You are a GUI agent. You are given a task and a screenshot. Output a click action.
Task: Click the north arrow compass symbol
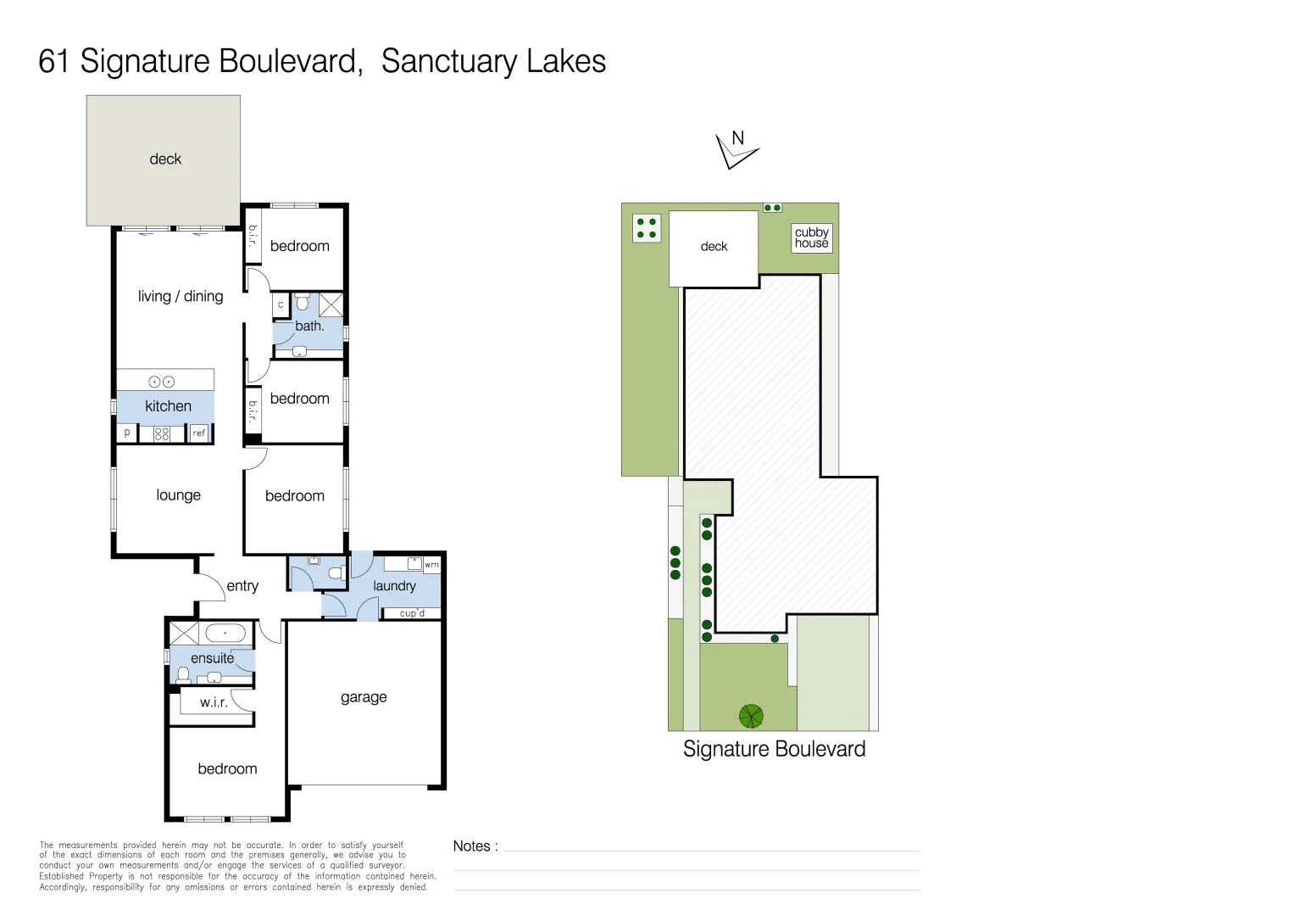pos(736,149)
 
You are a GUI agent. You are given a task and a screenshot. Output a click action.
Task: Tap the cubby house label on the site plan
pos(811,237)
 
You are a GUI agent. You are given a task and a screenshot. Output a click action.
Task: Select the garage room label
pos(364,697)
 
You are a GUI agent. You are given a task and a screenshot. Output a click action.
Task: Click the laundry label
pos(394,586)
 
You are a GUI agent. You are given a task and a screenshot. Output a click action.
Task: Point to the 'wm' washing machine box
pos(431,564)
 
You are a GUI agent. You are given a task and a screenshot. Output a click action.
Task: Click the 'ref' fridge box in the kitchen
pos(199,433)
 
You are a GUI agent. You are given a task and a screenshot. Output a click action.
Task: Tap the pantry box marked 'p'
pos(127,433)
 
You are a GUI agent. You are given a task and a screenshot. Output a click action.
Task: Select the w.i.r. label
pos(214,702)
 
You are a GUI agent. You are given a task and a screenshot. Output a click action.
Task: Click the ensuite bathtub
pos(225,633)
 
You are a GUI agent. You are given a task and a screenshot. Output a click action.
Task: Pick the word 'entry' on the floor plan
pos(242,586)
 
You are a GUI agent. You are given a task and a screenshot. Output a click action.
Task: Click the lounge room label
pos(178,495)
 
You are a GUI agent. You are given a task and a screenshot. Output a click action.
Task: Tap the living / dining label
pos(181,296)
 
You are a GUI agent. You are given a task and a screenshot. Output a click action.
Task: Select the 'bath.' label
pos(309,326)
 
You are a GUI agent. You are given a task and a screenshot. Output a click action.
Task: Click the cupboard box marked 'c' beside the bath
pos(281,304)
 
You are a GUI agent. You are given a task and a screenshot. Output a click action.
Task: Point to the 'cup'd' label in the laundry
pos(412,613)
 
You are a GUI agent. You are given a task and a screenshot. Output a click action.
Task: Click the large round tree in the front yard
pos(751,717)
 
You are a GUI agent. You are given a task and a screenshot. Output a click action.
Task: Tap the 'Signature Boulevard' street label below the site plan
pos(774,749)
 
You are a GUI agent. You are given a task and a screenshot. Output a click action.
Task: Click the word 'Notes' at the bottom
pos(472,846)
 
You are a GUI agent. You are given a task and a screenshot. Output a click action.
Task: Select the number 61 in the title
pos(53,62)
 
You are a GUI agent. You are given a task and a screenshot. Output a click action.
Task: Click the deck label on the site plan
pos(714,247)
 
